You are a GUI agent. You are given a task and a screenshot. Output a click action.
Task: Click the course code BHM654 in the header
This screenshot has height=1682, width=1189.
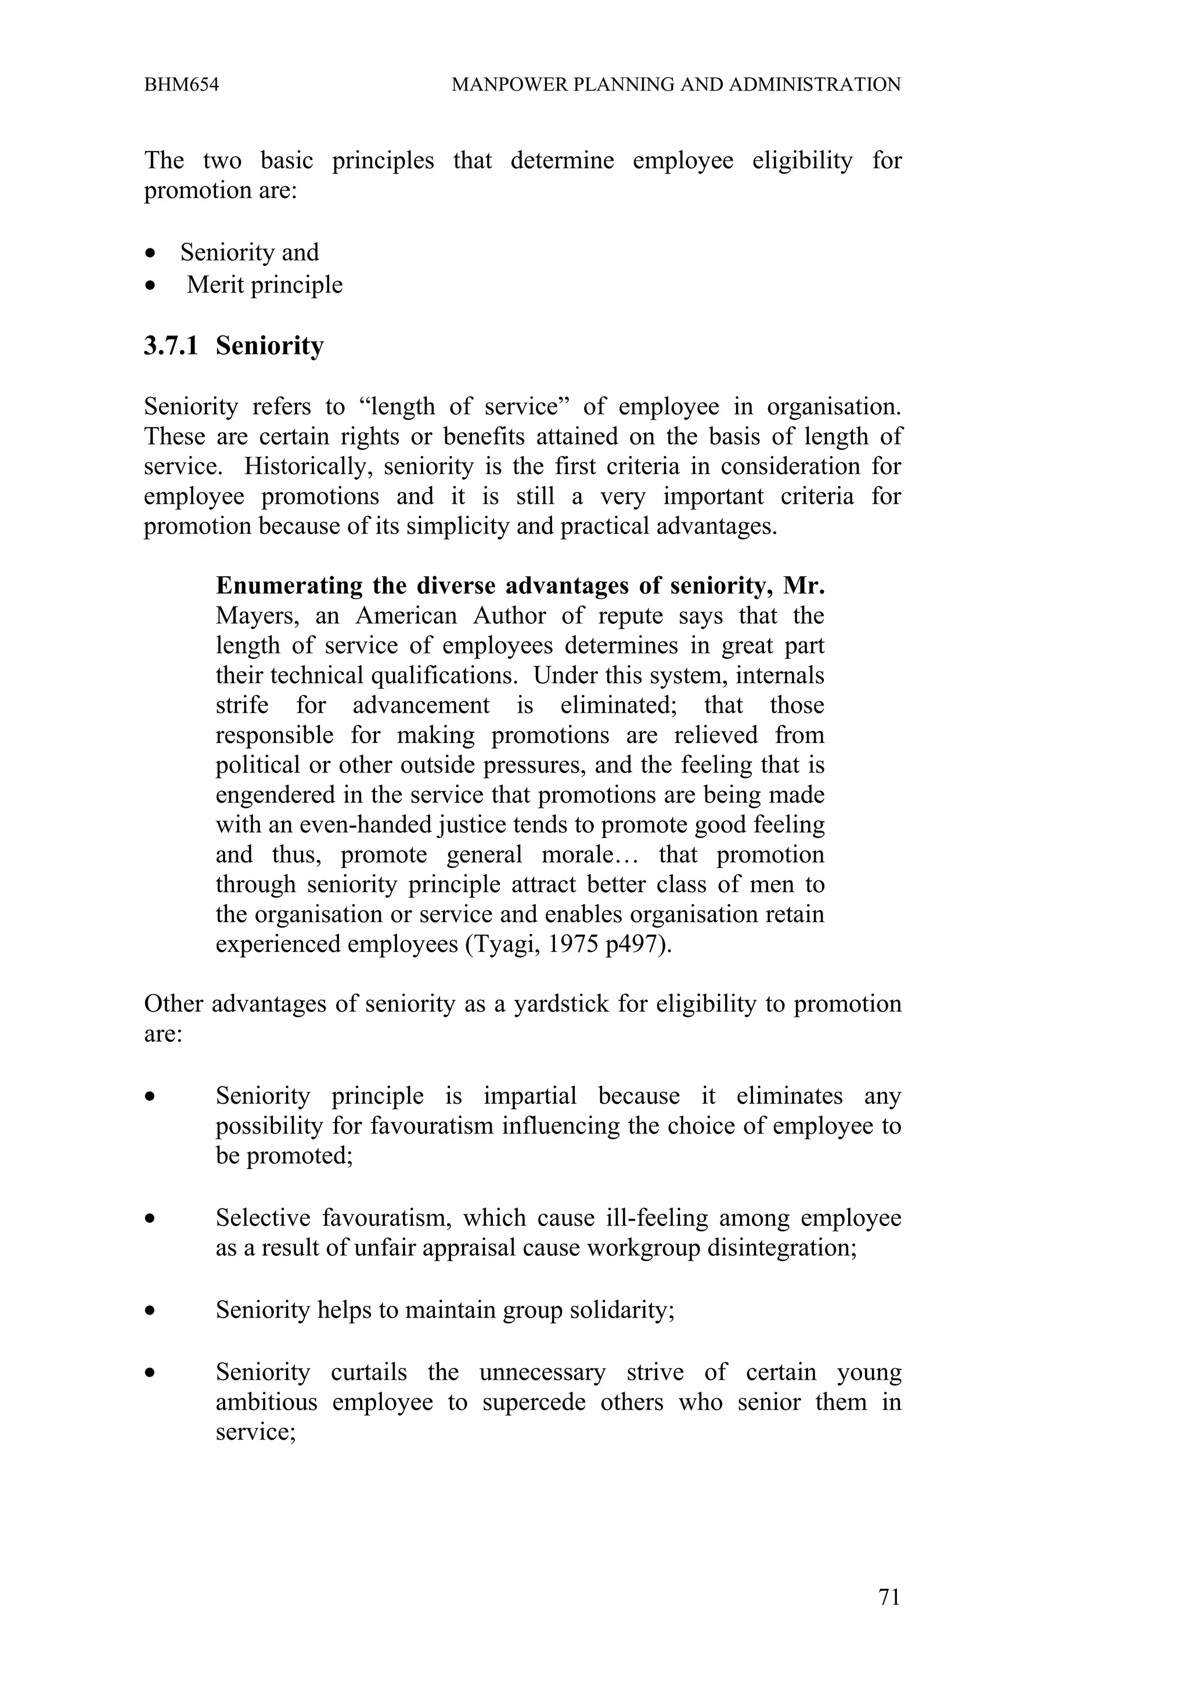181,85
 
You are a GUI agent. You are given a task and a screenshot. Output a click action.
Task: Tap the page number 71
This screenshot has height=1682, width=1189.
889,1597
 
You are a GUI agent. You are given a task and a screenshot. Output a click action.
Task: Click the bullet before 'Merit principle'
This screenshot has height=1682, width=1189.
150,286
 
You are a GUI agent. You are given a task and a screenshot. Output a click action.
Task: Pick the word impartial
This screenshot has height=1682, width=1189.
529,1096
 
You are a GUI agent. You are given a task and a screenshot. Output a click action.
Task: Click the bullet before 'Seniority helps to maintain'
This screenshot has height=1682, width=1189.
150,1311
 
